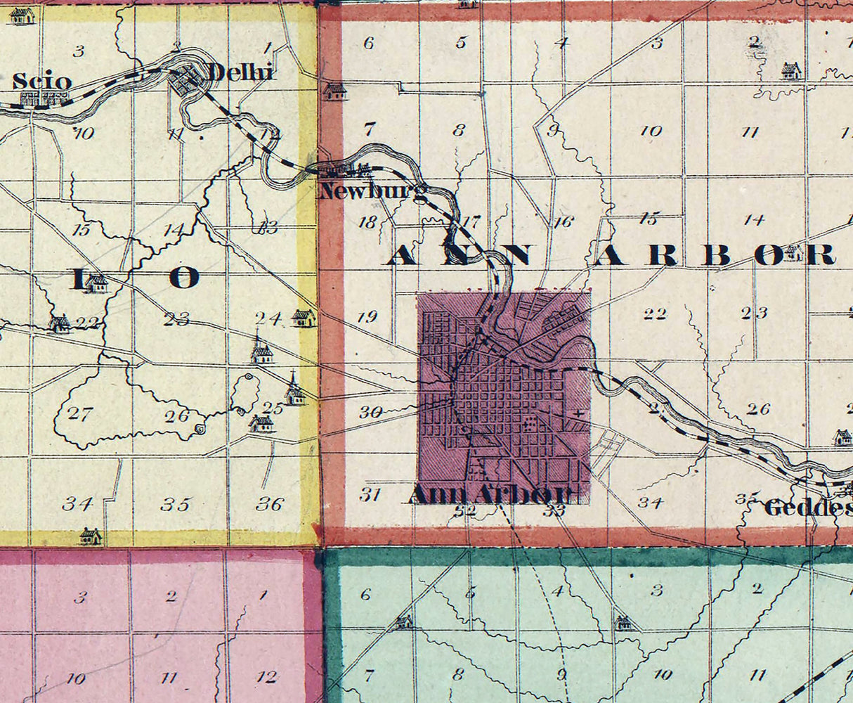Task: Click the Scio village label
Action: (x=42, y=82)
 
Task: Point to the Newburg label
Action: (x=372, y=191)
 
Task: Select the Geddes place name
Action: (x=807, y=508)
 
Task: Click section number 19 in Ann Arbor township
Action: (x=367, y=317)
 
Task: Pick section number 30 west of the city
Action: (x=370, y=413)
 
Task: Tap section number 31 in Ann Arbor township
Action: (x=370, y=494)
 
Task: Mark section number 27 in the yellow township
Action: (x=79, y=413)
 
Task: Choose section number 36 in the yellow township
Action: (x=270, y=503)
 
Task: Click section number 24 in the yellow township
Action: (x=268, y=318)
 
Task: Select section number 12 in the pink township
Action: (x=266, y=677)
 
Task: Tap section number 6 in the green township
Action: (x=365, y=594)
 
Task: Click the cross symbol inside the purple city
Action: (x=578, y=413)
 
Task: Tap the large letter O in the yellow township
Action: (x=183, y=278)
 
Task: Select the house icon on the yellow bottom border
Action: (x=90, y=536)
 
